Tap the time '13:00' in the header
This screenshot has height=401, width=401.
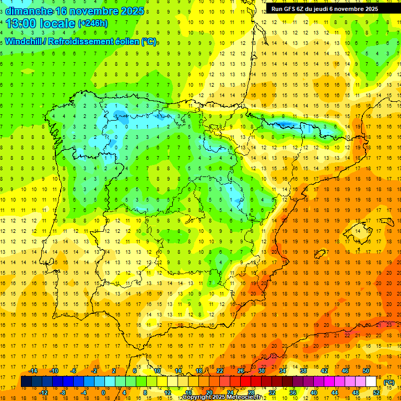point(21,23)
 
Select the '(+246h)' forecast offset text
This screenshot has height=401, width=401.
point(92,23)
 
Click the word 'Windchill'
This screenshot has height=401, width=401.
point(24,42)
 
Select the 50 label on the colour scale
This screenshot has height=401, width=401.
point(366,371)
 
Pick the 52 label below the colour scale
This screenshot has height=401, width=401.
point(376,393)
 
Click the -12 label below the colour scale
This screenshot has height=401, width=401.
point(43,393)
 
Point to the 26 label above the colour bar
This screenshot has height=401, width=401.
point(241,371)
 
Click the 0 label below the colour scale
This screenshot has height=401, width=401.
point(103,393)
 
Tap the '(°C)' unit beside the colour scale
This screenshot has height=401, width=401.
point(388,382)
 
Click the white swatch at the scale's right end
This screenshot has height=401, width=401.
point(371,382)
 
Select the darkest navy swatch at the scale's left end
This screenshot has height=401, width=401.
point(26,382)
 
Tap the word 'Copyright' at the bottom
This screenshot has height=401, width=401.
point(197,398)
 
